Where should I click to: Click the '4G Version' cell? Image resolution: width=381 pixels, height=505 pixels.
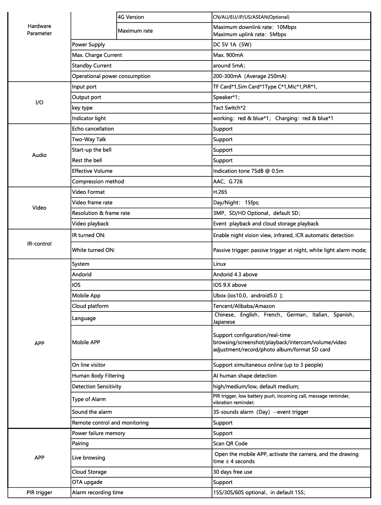coord(131,17)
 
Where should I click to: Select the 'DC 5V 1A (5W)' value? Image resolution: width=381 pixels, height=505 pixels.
coord(232,45)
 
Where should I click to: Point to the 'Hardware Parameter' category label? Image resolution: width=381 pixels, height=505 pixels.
coord(39,30)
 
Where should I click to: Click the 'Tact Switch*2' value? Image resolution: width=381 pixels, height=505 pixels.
coord(229,108)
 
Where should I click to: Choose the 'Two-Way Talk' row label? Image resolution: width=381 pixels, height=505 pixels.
coord(89,139)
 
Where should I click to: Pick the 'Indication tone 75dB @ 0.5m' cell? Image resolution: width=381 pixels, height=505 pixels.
coord(248,171)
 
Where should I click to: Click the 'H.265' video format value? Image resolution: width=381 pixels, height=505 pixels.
coord(220,192)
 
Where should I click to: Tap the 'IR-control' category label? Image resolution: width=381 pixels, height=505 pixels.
coord(39,244)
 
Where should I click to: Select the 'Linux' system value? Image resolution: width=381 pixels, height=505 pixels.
coord(220,264)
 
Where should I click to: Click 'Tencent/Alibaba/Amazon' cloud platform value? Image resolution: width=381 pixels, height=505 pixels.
coord(244,306)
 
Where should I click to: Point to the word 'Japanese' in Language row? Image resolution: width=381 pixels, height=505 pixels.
coord(224,322)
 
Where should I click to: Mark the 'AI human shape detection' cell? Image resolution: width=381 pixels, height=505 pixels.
coord(245,376)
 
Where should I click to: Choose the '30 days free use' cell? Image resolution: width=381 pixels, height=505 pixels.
coord(233,472)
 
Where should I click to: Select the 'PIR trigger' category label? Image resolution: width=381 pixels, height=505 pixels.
coord(39,493)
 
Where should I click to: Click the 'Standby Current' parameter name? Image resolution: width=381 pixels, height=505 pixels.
coord(92,66)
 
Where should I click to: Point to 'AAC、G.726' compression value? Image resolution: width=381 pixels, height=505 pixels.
coord(228,182)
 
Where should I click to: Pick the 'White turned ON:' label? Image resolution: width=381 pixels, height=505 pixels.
coord(93,250)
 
